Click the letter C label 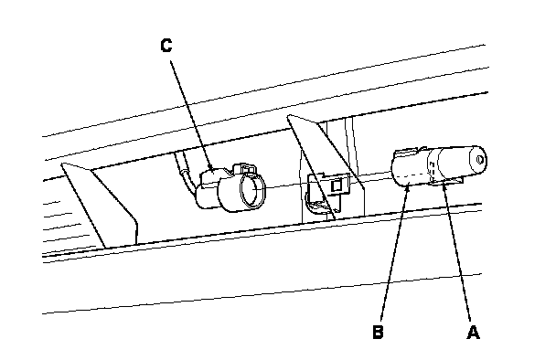166,46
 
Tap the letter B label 378,332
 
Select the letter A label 473,333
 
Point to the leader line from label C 191,114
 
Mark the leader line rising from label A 456,251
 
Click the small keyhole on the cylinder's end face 480,160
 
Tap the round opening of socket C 252,190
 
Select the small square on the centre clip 337,185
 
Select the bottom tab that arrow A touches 447,182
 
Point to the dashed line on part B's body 411,176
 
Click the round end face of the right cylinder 477,161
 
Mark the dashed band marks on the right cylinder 432,168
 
